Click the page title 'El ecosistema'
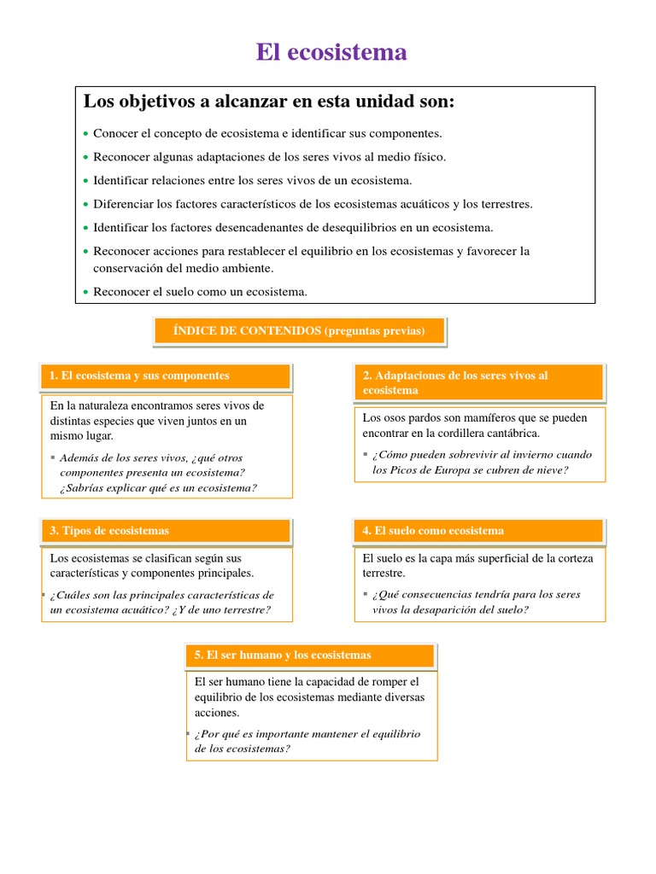(x=331, y=53)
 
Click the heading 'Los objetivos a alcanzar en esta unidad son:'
(x=269, y=102)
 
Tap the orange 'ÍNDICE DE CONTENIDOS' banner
(x=299, y=331)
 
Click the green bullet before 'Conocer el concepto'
(x=86, y=135)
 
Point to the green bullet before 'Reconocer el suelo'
(x=86, y=293)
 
